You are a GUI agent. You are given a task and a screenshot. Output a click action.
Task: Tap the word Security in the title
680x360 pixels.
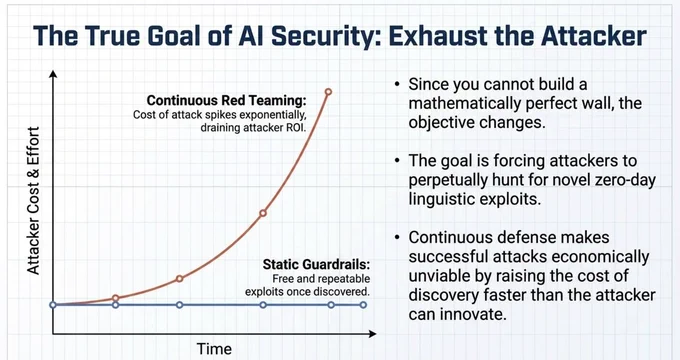pos(322,36)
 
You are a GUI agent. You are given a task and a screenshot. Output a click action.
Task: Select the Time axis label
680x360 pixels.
pos(214,349)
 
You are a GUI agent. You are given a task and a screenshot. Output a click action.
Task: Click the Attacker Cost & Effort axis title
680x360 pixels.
pos(33,200)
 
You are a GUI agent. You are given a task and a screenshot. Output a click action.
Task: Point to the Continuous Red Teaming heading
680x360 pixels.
pos(226,100)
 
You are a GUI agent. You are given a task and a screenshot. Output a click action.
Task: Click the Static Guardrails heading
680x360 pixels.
pos(316,264)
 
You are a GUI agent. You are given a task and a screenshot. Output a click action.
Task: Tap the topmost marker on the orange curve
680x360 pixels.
pos(328,92)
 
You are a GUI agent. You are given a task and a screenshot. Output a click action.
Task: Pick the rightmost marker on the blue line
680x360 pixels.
pos(363,305)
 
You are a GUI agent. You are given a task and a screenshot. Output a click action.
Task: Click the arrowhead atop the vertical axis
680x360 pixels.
pos(53,74)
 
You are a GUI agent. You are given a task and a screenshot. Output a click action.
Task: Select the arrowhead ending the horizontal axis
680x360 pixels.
pos(372,334)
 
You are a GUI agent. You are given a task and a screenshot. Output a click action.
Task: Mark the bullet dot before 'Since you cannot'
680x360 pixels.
pos(397,84)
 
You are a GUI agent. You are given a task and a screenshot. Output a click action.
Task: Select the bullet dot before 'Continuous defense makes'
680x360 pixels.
pos(397,237)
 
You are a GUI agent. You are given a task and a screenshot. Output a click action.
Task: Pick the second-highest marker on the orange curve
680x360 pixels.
pos(262,213)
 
